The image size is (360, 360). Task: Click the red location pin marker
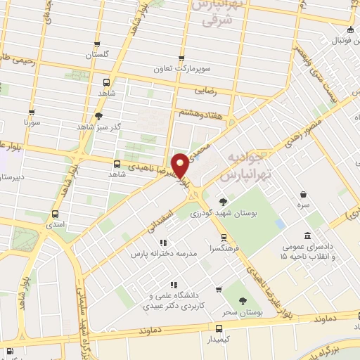(x=181, y=166)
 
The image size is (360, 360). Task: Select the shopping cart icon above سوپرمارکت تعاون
(x=182, y=58)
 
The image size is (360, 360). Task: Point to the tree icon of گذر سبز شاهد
(x=98, y=116)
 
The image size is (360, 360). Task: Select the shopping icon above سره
(x=302, y=195)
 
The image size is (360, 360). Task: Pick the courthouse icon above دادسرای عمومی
(x=307, y=236)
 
